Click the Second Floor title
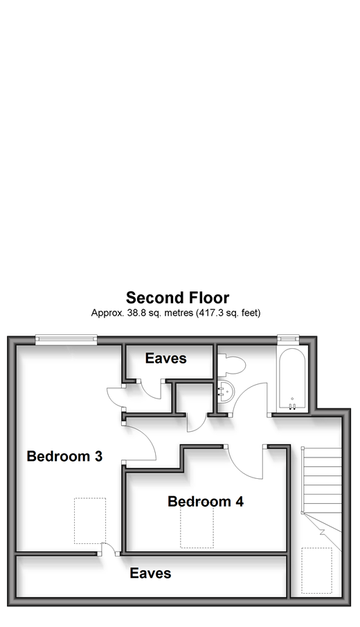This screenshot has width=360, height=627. click(178, 298)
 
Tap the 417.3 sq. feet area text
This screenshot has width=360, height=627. click(228, 313)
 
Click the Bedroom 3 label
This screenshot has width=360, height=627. click(64, 456)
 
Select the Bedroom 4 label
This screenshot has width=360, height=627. click(206, 502)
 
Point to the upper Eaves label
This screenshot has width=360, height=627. click(165, 358)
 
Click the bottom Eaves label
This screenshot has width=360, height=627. click(150, 574)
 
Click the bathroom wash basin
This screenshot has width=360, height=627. click(226, 392)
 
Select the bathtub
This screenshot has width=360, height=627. click(292, 379)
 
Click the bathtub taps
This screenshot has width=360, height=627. click(292, 407)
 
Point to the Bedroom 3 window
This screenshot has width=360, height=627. click(66, 339)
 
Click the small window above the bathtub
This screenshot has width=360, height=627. click(289, 338)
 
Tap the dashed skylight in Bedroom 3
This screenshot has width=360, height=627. click(90, 520)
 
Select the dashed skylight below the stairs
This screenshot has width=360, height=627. click(316, 571)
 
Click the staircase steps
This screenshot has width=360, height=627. click(322, 480)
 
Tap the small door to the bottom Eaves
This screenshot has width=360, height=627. click(107, 549)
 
